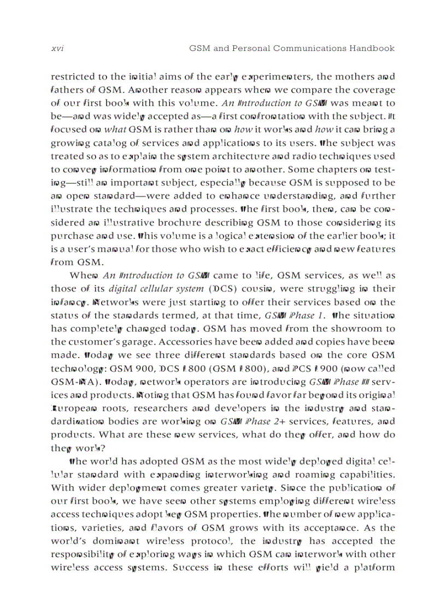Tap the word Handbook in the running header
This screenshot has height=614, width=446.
[x=372, y=49]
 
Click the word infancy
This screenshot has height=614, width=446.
[x=69, y=302]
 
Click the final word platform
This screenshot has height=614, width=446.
[x=374, y=568]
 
